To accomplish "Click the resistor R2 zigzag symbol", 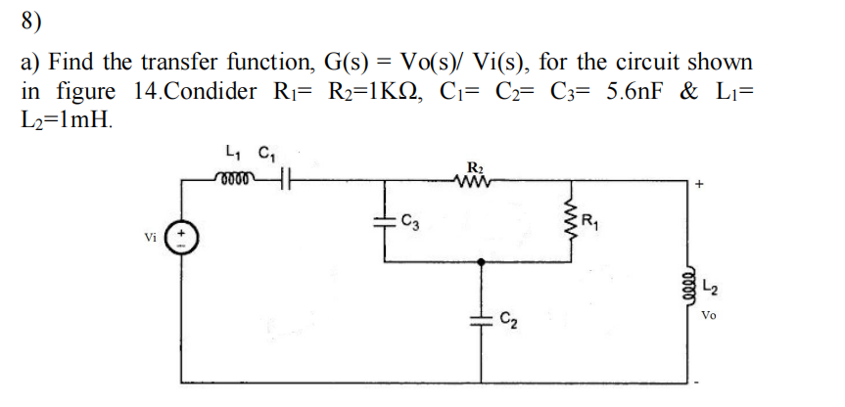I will (478, 178).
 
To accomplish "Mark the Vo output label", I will (711, 315).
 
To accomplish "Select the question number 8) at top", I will (32, 21).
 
